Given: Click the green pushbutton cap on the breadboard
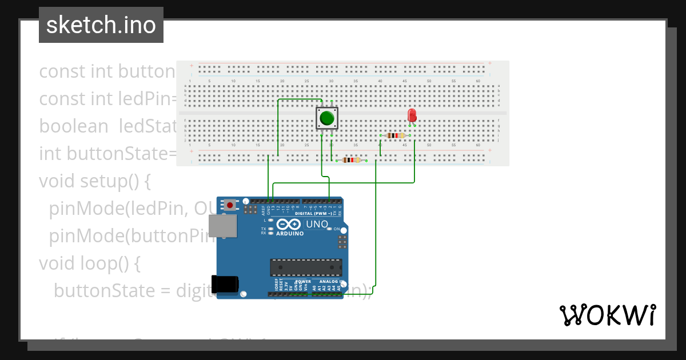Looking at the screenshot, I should (x=327, y=118).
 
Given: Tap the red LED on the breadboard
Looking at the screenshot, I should (x=412, y=115).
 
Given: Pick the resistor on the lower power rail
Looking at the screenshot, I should (x=352, y=160).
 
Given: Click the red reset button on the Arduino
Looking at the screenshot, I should (x=230, y=205).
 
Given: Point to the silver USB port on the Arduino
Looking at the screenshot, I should (x=222, y=226).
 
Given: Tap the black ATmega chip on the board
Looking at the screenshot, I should (x=306, y=267).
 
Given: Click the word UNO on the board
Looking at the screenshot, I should (x=317, y=224).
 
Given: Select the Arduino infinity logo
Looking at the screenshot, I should (x=289, y=225).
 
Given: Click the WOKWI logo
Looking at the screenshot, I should (x=607, y=315).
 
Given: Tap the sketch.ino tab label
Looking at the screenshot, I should (x=101, y=25).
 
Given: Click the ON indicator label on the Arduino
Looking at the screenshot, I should (x=336, y=229).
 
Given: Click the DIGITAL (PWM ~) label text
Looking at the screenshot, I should (x=314, y=213).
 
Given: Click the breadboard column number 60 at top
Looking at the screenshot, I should (x=478, y=81).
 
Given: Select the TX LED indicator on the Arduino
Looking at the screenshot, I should (x=270, y=229).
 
